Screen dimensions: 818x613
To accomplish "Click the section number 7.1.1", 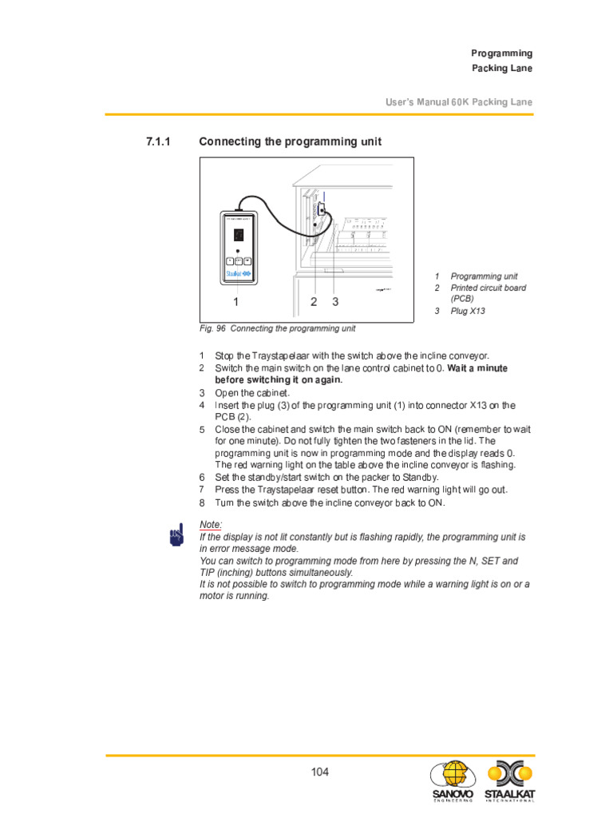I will coord(159,141).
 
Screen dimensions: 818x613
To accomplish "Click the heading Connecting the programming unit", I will coord(290,141).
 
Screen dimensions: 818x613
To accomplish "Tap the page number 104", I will coord(319,772).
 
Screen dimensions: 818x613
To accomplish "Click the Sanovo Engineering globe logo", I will coord(452,777).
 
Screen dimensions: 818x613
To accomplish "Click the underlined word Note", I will coord(210,524).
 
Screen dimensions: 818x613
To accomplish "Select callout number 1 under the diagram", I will coord(235,302).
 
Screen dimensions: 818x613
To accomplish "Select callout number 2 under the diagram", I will coord(314,302).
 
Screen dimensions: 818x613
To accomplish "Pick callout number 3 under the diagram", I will coord(335,302).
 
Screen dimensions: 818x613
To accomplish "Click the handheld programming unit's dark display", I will coord(239,234).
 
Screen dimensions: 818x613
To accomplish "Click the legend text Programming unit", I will coord(484,276).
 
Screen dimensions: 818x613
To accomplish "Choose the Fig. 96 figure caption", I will coord(277,328).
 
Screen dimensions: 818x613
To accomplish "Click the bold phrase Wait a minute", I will coord(477,368).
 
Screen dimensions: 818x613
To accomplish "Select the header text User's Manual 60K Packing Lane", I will coord(458,102).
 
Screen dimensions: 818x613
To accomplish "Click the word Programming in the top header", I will coord(501,54).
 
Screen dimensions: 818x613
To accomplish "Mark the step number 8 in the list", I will coord(202,503).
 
